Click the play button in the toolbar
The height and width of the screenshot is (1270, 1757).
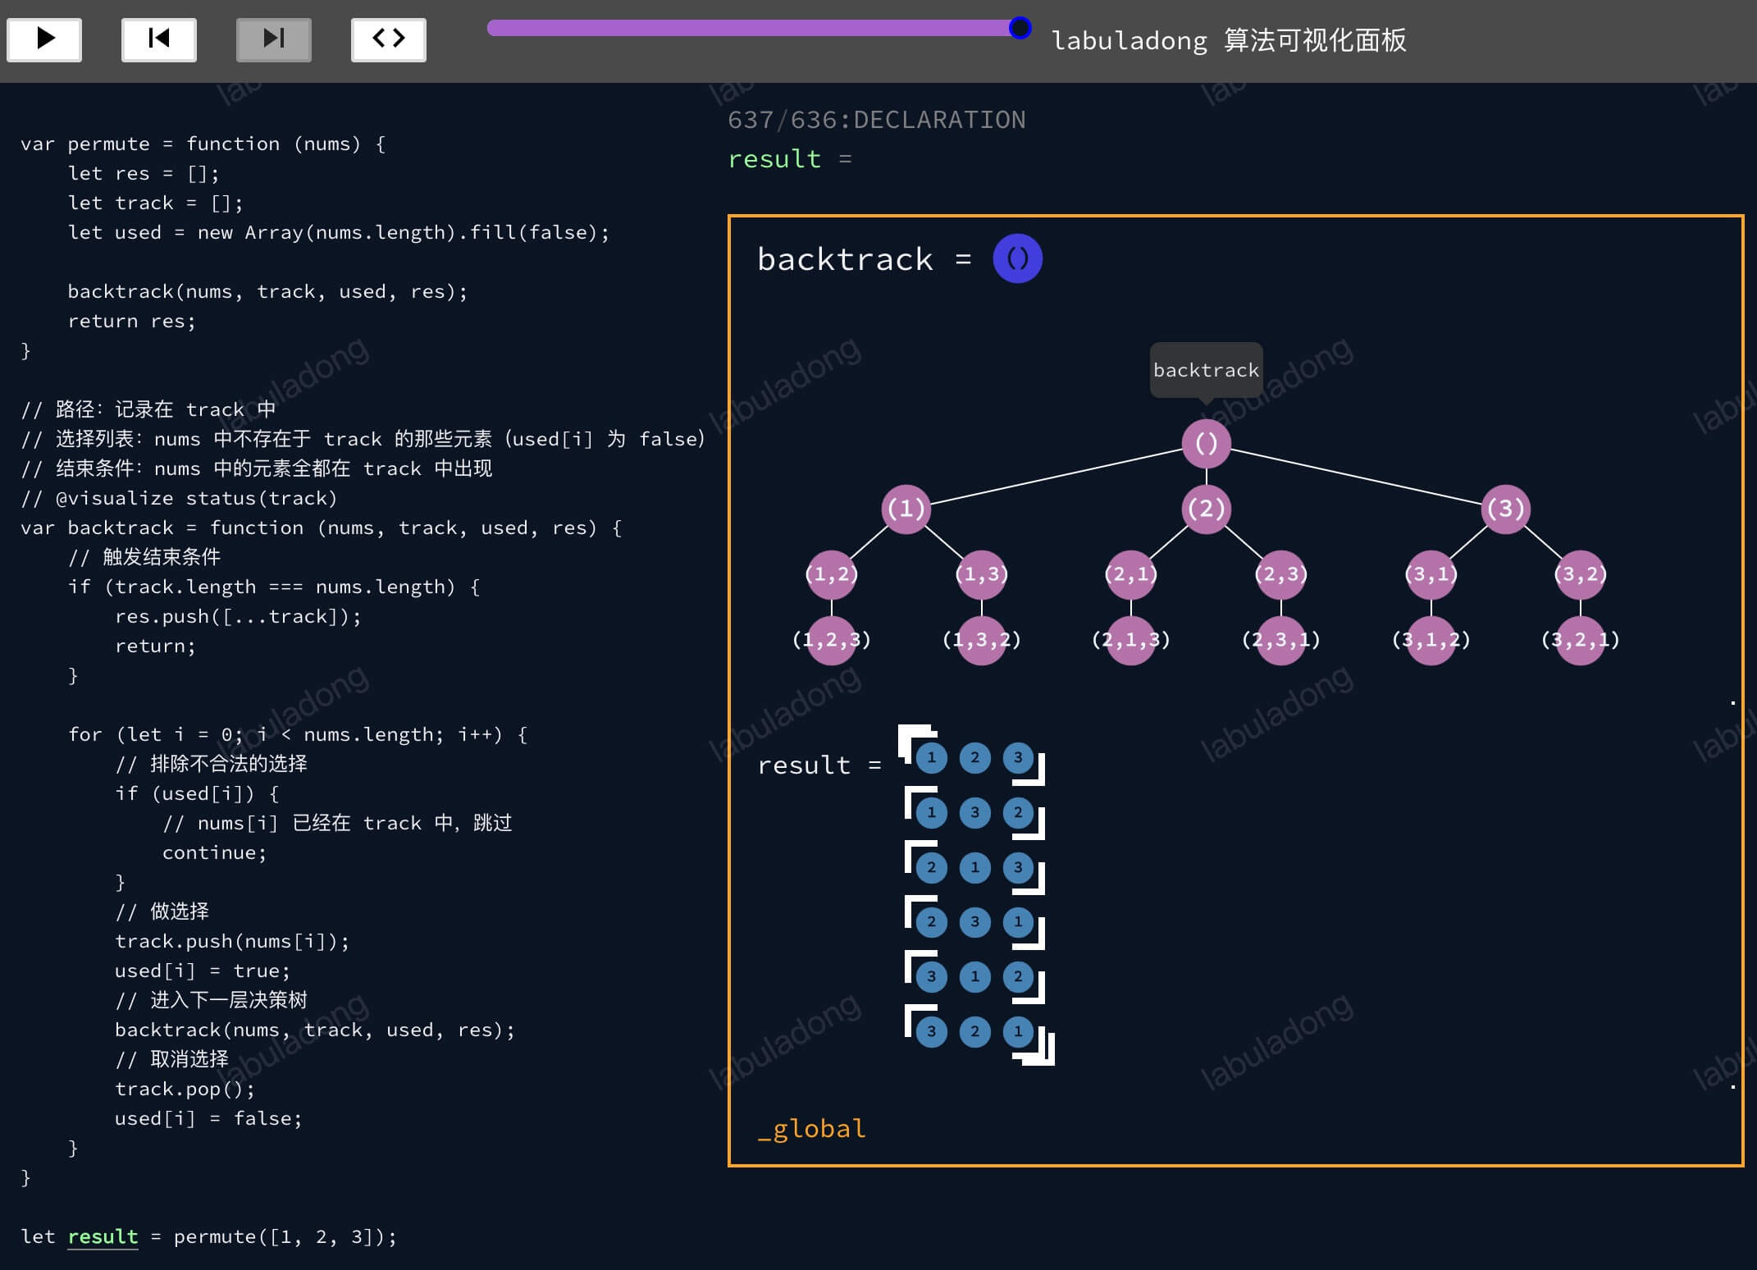(44, 39)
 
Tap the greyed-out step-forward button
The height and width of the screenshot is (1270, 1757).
(274, 39)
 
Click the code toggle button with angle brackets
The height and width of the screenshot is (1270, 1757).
(389, 39)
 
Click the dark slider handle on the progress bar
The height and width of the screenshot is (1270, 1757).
(1020, 28)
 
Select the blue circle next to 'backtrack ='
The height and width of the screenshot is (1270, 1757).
(1017, 258)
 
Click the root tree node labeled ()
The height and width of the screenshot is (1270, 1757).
(1206, 444)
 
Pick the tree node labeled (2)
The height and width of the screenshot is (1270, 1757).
(1206, 509)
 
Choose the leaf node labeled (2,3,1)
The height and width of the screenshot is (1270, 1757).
(1281, 640)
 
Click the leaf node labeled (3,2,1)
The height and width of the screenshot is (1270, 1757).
(1581, 640)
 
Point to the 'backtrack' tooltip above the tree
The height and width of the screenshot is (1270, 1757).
(1206, 370)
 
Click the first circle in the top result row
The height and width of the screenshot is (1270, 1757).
(931, 757)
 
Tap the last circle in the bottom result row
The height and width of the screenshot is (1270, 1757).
(1018, 1031)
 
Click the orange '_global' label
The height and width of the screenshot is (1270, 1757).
(811, 1129)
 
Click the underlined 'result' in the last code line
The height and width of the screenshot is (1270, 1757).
(103, 1236)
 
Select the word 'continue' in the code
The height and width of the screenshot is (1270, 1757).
(209, 852)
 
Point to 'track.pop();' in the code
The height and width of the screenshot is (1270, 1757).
(185, 1090)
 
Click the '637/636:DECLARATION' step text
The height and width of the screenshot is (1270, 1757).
(877, 120)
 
